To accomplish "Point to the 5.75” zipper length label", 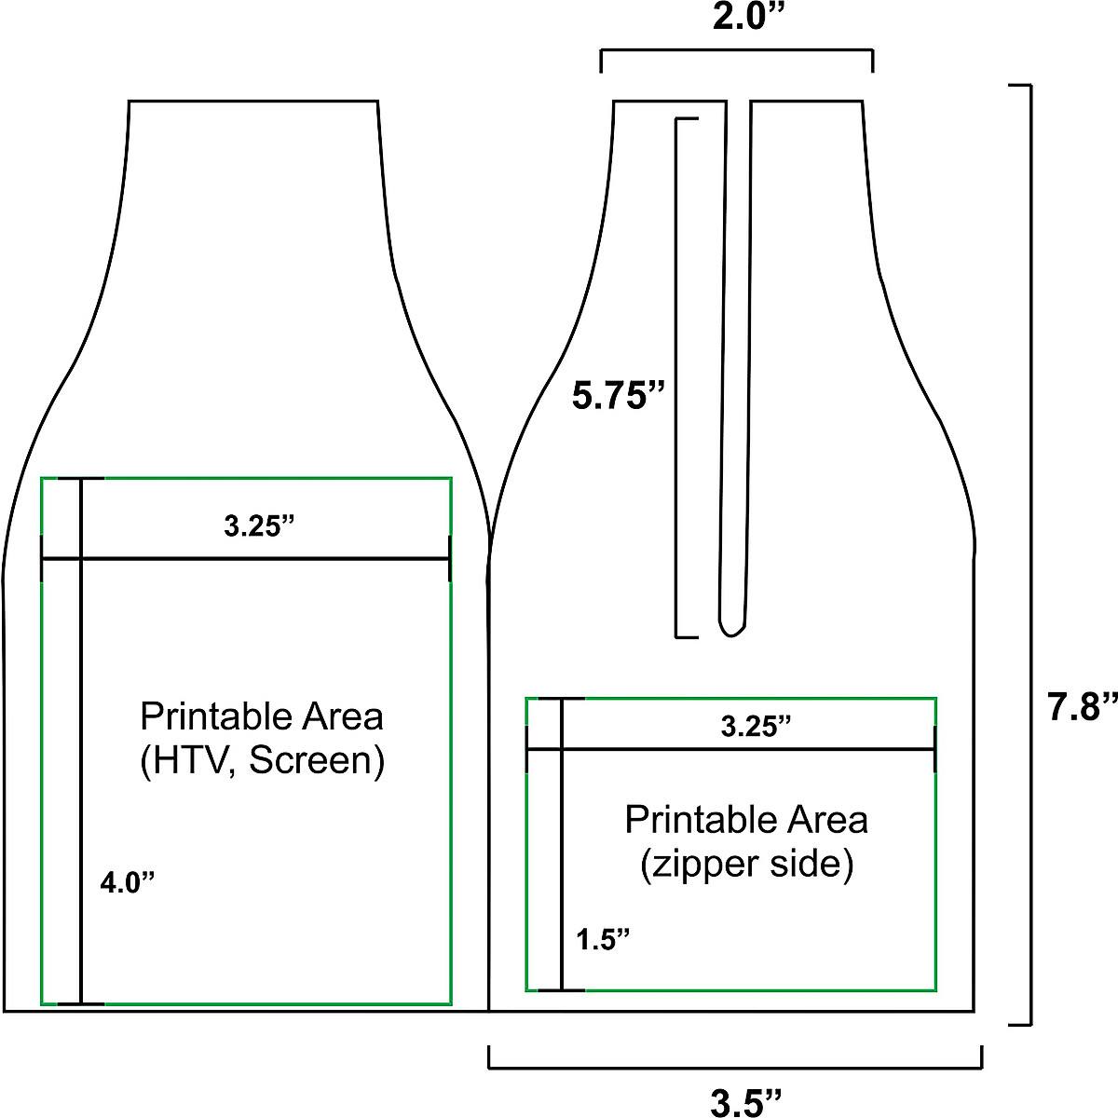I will [x=620, y=397].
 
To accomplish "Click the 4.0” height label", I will [x=127, y=881].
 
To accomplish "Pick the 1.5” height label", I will [x=603, y=939].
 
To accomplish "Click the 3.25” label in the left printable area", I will [x=259, y=526].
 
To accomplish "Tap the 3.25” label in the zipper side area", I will [x=756, y=727].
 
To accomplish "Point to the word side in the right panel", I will [x=809, y=865].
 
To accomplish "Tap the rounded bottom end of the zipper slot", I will [x=731, y=629].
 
